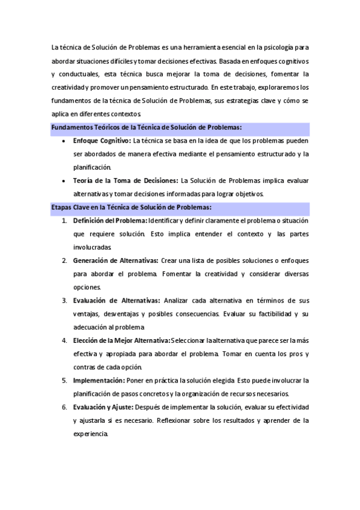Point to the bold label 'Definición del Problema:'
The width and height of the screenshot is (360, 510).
(110, 221)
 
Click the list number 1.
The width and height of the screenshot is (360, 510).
(64, 221)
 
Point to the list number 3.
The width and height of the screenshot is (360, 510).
(64, 301)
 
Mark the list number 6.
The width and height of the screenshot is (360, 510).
(64, 407)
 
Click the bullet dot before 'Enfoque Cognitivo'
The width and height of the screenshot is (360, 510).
(64, 141)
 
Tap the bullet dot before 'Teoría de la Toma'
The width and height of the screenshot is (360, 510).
(64, 181)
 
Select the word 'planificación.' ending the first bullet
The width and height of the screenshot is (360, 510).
(92, 167)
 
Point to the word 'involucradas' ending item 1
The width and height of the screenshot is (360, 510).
(91, 247)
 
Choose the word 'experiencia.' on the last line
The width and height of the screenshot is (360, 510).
(90, 434)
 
